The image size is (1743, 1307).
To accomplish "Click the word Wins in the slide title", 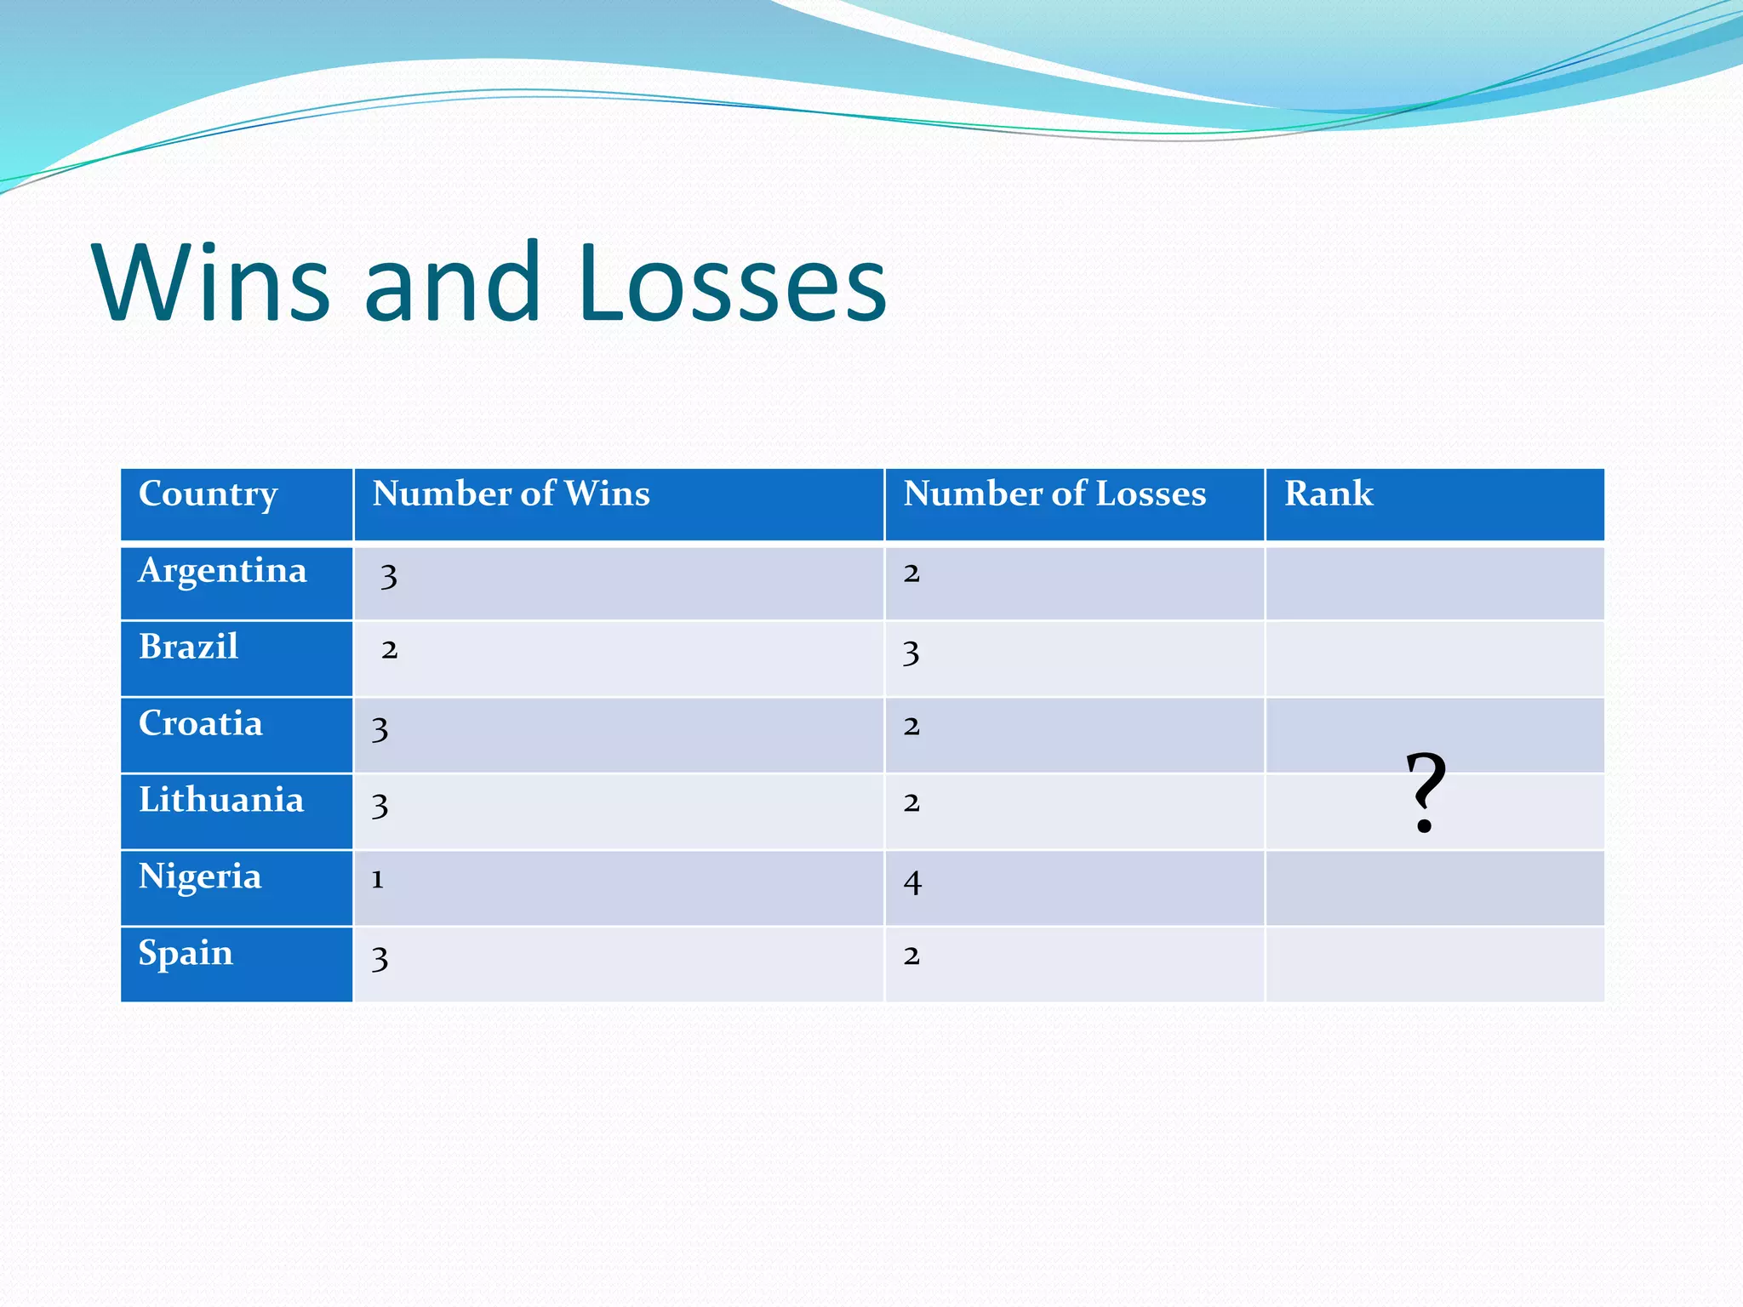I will click(x=211, y=283).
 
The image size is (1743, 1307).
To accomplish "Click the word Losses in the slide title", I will click(x=732, y=283).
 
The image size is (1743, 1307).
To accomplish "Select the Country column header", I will click(x=209, y=494).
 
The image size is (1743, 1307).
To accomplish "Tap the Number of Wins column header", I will click(x=511, y=494).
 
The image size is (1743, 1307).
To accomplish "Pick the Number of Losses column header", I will click(x=1054, y=494).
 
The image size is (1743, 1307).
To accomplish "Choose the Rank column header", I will click(x=1329, y=494).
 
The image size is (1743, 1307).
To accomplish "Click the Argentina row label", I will click(x=222, y=571).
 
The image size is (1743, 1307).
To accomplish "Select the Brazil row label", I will click(x=188, y=648).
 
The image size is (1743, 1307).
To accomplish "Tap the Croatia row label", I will click(x=201, y=724).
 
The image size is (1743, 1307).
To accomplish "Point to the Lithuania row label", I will click(x=221, y=801).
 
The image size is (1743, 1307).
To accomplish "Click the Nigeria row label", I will click(x=200, y=877).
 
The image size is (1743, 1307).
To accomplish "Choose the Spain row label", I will click(x=186, y=954).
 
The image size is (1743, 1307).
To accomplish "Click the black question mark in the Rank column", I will click(x=1426, y=791).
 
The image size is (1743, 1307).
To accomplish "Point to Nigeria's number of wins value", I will click(x=378, y=880).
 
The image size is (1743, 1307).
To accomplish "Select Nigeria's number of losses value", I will click(x=912, y=882).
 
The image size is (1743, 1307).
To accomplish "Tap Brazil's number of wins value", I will click(x=390, y=651).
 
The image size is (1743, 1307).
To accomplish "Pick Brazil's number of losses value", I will click(x=912, y=653).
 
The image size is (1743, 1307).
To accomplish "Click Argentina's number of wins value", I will click(x=389, y=577).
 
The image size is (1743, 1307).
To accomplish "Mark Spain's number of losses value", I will click(x=912, y=956).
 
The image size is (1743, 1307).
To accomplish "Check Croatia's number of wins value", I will click(x=380, y=730).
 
